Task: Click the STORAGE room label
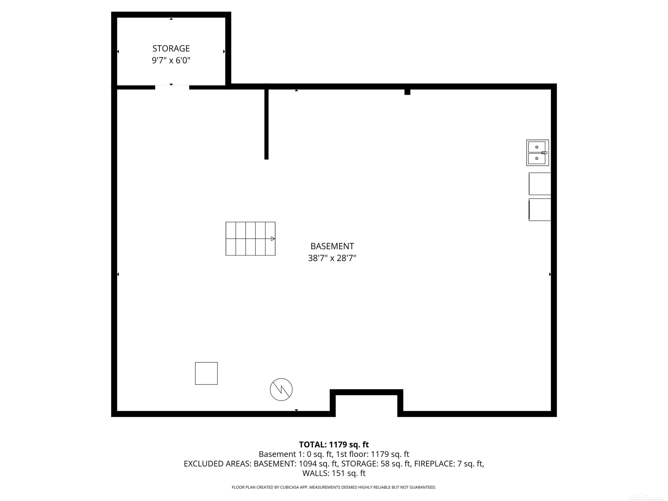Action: pos(171,48)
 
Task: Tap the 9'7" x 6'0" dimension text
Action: pos(171,60)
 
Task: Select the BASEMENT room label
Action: pos(332,246)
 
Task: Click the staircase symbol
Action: pos(250,238)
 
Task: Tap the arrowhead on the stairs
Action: pos(273,238)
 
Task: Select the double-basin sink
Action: pos(538,153)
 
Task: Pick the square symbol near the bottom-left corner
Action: pos(206,373)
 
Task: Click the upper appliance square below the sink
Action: pos(540,184)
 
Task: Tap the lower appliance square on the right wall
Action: pos(540,210)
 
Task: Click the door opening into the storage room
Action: pos(172,87)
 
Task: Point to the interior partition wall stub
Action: pos(266,124)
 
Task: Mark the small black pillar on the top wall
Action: pos(407,92)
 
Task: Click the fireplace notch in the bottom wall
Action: pos(366,392)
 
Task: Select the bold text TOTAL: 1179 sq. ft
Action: pos(334,444)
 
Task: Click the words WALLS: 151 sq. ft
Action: pos(334,473)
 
